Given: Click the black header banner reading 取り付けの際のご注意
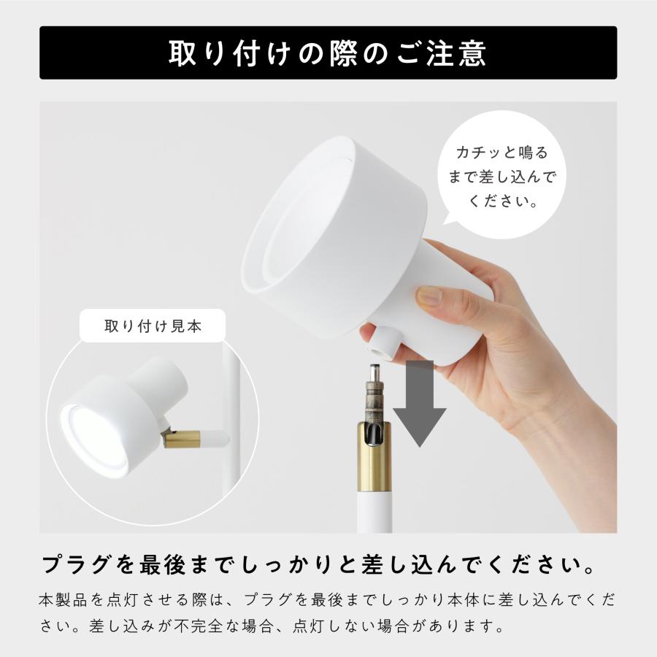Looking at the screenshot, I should [x=328, y=53].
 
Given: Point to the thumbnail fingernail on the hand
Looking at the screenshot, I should [x=429, y=296].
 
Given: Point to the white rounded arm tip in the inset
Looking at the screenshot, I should [x=218, y=439].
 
